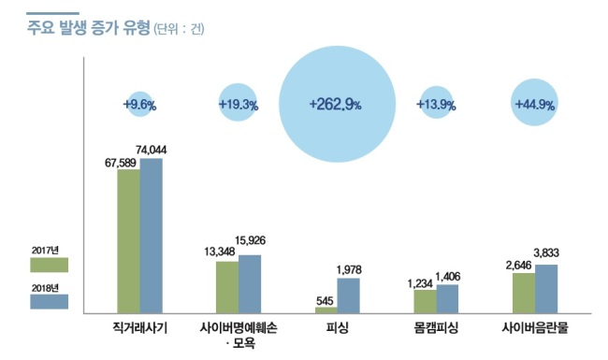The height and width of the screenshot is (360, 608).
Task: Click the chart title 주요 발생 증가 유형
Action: point(89,28)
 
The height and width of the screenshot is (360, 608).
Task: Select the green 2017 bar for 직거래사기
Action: point(129,241)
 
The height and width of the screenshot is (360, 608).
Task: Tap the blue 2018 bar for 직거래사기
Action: point(152,236)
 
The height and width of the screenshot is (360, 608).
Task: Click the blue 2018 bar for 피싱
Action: point(348,295)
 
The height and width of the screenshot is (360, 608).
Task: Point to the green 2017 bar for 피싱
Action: point(326,310)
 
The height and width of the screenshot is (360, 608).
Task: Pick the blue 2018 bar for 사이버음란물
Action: point(546,289)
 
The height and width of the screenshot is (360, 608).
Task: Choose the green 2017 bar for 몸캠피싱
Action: point(425,301)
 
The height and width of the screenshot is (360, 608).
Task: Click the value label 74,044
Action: point(152,150)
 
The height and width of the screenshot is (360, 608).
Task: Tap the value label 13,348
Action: point(220,252)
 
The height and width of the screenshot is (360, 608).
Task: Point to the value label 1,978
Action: point(349,269)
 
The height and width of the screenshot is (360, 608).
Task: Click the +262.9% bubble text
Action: point(336,105)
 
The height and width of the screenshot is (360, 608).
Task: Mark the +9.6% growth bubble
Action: point(139,104)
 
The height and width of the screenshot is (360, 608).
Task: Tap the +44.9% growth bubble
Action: point(534,102)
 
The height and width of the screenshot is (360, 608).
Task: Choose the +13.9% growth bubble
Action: point(436,102)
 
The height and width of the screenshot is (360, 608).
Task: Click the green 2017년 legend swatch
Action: point(50,265)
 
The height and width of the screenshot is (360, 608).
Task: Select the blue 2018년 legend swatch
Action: point(50,301)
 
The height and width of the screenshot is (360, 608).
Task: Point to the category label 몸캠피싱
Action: point(436,328)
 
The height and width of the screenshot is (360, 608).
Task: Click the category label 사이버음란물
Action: point(535,328)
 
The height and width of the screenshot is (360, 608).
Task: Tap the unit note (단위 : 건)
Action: point(179,29)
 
